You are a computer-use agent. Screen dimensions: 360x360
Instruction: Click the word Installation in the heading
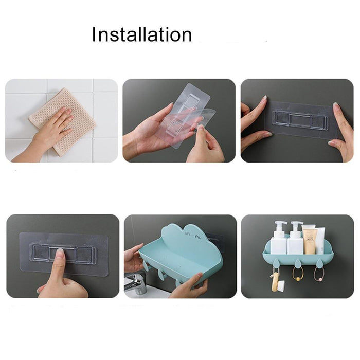(141, 34)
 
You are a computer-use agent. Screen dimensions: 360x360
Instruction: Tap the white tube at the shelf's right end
(321, 241)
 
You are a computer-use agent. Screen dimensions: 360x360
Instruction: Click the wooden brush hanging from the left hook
(276, 283)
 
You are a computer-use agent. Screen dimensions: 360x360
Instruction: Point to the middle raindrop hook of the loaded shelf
(298, 263)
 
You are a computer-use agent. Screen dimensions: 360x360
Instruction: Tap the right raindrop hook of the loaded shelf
(319, 263)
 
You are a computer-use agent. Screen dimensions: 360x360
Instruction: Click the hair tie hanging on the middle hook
(298, 274)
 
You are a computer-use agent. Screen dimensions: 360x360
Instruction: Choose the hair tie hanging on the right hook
(319, 274)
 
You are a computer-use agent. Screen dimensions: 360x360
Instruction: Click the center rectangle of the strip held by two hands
(300, 119)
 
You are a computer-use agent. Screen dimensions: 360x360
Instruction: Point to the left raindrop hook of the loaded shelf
(277, 263)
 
